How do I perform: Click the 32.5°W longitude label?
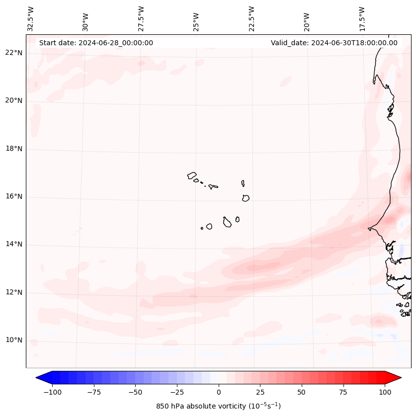31,19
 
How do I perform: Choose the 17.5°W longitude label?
362,19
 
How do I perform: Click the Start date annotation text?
96,43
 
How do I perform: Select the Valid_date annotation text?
334,43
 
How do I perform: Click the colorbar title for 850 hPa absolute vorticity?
218,406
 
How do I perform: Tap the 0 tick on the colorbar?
219,392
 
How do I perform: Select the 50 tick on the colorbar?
302,392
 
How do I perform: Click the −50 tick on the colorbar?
135,392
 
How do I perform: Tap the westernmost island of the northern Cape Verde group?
192,175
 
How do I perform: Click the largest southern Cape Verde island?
227,222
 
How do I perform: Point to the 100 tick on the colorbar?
385,392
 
